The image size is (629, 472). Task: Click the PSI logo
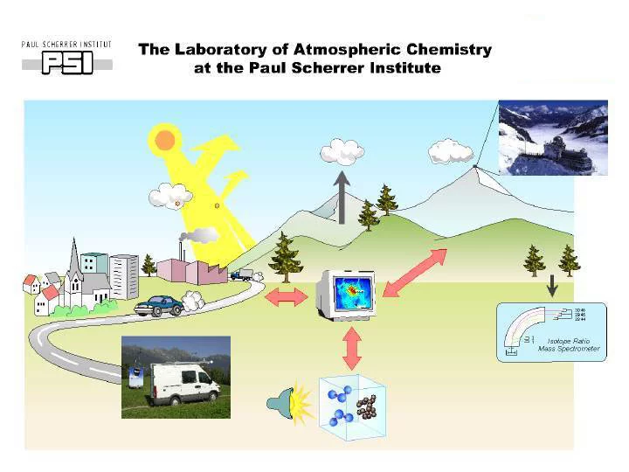pyautogui.click(x=66, y=59)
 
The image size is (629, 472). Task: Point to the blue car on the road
pyautogui.click(x=160, y=305)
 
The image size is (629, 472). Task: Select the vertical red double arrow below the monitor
pyautogui.click(x=351, y=350)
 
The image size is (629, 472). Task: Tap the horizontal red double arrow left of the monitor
pyautogui.click(x=287, y=296)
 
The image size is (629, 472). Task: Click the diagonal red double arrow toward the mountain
pyautogui.click(x=414, y=272)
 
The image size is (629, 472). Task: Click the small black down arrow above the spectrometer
pyautogui.click(x=552, y=287)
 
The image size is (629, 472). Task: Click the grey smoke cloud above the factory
pyautogui.click(x=202, y=234)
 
